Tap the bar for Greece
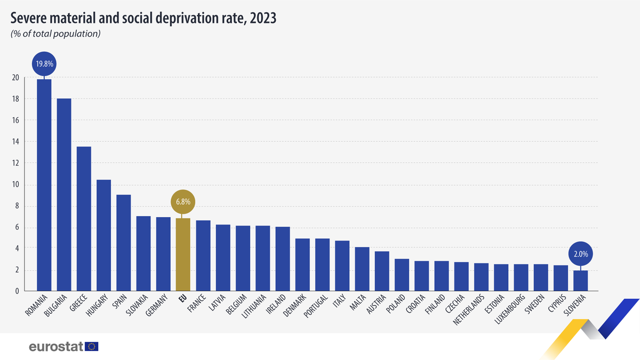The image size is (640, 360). [x=84, y=219]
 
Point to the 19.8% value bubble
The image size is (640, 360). [x=44, y=64]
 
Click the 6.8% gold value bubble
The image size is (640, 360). [x=183, y=202]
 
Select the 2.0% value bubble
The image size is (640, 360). [x=580, y=254]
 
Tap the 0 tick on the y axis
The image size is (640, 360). [x=17, y=291]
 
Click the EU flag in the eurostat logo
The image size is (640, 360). [x=92, y=347]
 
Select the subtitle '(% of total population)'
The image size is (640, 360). [x=55, y=34]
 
